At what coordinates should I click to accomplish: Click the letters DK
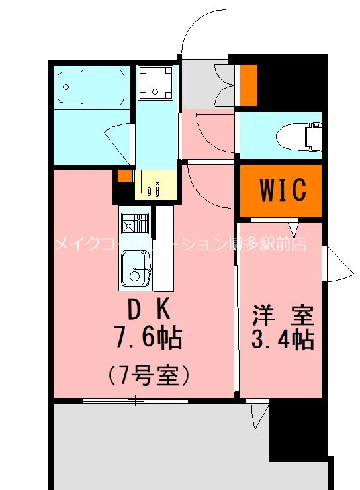149,309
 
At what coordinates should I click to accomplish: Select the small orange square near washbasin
124,176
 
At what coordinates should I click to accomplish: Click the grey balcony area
159,444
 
